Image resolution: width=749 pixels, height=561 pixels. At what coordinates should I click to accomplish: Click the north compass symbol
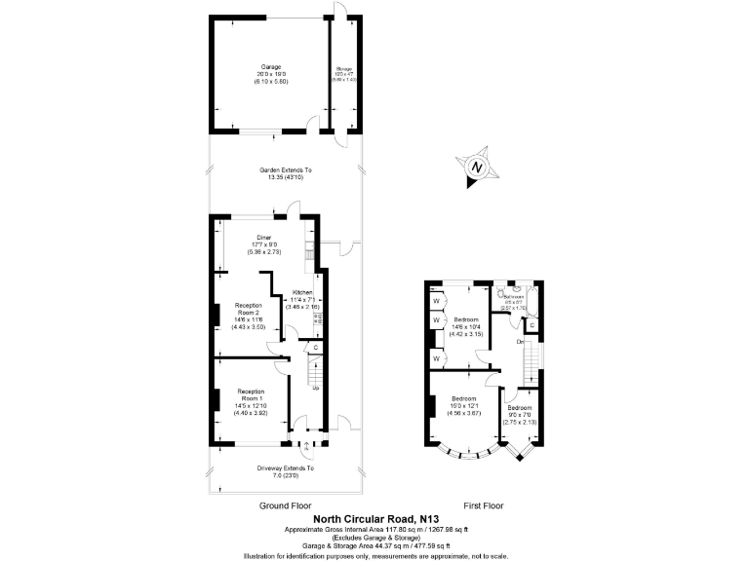pos(476,167)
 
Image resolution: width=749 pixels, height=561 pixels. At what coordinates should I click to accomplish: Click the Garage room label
pos(257,67)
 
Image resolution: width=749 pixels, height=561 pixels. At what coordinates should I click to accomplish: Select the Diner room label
pos(264,237)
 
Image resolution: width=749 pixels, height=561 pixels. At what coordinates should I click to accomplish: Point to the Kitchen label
pos(301,292)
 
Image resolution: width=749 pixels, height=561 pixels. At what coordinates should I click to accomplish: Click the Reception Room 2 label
pos(250,309)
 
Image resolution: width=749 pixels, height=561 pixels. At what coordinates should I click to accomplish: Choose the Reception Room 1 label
pos(251,394)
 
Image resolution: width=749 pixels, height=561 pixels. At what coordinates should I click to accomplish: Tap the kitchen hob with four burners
pos(318,318)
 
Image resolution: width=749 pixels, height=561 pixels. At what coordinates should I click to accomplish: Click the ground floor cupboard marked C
pos(316,348)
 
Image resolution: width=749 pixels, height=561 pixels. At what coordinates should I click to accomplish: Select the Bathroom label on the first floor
pos(514,297)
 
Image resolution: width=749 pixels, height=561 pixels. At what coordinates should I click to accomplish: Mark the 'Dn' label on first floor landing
pos(521,341)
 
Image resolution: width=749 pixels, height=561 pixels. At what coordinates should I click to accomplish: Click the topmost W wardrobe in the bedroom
pos(435,301)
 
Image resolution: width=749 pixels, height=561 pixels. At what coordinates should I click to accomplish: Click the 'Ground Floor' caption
pos(284,507)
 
